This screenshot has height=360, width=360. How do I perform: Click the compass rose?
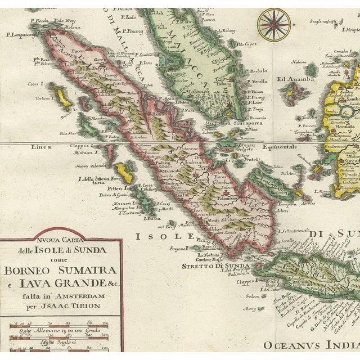274,24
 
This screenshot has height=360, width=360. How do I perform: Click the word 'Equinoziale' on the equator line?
280,147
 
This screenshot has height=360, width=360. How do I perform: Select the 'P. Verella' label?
257,81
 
